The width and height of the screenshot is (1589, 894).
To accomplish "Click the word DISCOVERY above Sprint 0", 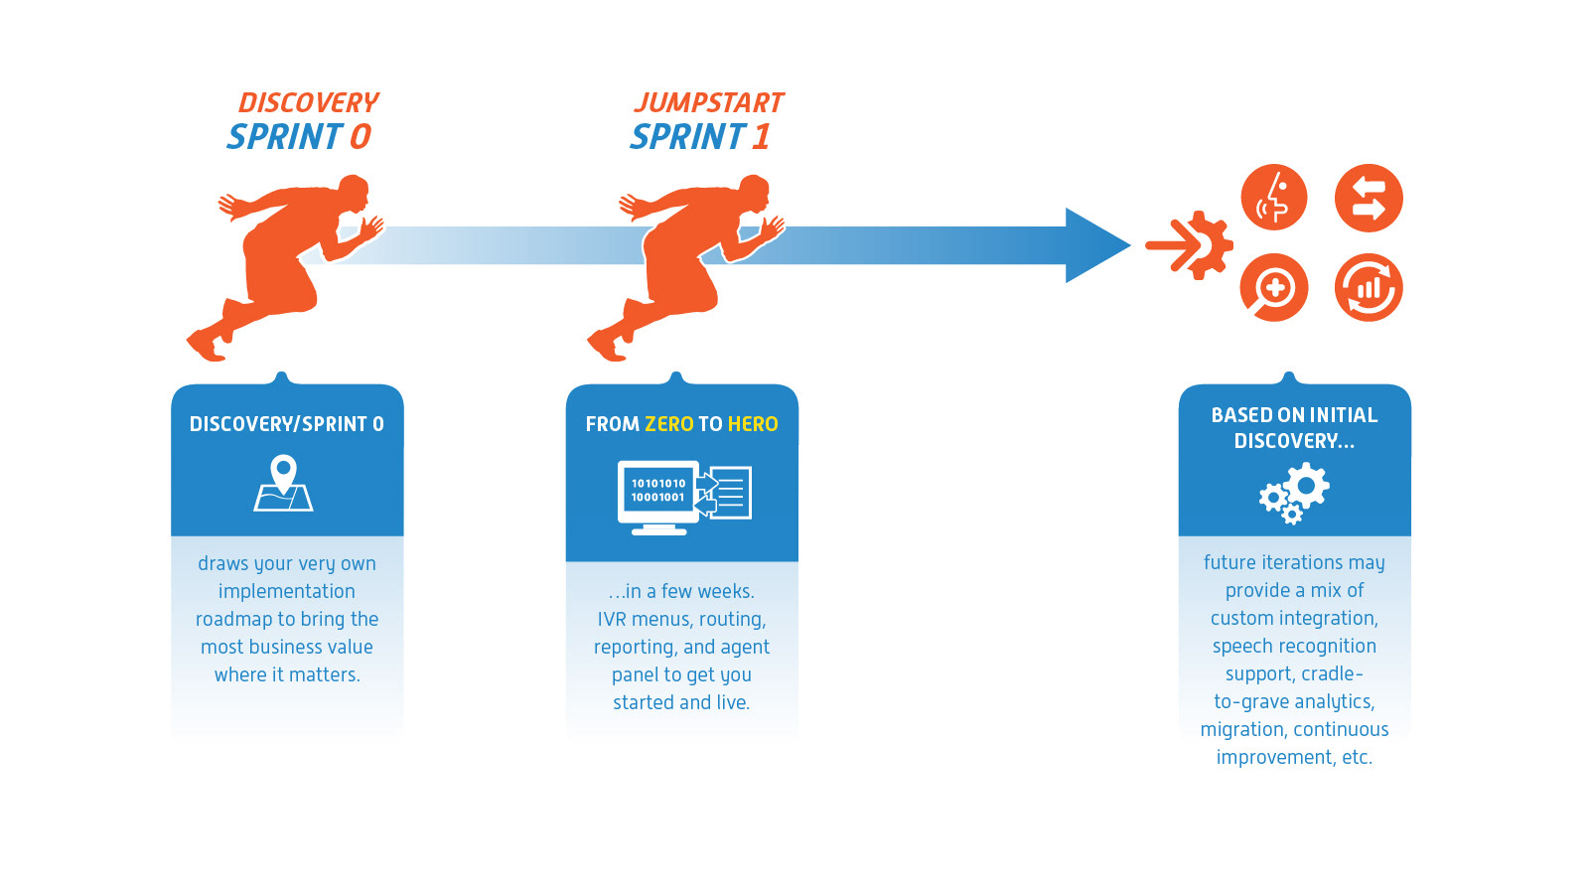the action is [x=309, y=103].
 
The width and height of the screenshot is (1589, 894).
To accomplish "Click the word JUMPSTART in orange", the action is [x=709, y=103].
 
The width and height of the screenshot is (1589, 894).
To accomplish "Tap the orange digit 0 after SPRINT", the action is [x=361, y=136].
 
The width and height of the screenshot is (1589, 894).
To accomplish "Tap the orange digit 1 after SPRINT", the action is [x=761, y=136].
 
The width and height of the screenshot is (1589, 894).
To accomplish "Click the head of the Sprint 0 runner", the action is [x=354, y=192].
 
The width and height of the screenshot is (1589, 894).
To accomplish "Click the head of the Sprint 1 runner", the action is [x=754, y=192].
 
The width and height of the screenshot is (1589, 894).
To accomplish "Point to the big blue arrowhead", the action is [x=1097, y=245].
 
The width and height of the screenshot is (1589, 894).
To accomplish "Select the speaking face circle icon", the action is [x=1274, y=198].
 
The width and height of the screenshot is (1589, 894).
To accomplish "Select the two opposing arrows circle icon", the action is [x=1369, y=198].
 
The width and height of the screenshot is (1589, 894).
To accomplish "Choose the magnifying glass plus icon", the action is [x=1274, y=288].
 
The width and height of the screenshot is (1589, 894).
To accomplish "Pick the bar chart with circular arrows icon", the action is [x=1369, y=288].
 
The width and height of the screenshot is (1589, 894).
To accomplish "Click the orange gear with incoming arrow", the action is [x=1190, y=245].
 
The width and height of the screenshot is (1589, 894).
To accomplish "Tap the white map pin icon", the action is [x=284, y=483].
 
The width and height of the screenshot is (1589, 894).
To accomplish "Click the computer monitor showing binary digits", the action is [x=657, y=498].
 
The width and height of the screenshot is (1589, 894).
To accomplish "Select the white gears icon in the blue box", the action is [x=1294, y=493].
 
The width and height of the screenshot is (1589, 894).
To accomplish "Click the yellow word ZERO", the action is [x=669, y=424].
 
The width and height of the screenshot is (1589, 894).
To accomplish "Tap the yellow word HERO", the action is [x=753, y=424].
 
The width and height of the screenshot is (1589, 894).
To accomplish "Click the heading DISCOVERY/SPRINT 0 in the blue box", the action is [x=287, y=424].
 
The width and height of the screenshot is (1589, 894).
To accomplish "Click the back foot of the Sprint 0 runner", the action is [x=206, y=347].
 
